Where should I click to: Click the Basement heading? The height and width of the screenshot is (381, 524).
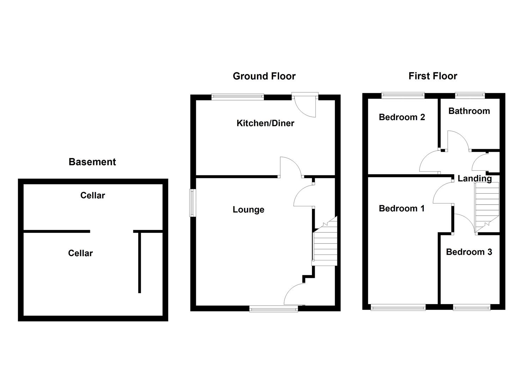[x=92, y=162]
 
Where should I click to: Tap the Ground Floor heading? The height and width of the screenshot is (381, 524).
[x=264, y=76]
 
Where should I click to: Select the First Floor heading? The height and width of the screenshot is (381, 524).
[x=433, y=76]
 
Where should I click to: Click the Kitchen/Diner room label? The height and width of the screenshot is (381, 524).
[x=265, y=123]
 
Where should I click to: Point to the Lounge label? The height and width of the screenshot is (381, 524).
[x=248, y=210]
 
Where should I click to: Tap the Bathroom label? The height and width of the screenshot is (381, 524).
[x=469, y=111]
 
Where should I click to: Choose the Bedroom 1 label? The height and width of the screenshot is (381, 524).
[x=402, y=208]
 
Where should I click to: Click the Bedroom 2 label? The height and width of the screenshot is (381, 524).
[x=402, y=117]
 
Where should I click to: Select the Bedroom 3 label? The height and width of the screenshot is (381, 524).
[x=469, y=252]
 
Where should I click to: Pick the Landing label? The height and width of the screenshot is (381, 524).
[x=474, y=179]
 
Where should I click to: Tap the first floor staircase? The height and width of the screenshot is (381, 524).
[x=487, y=206]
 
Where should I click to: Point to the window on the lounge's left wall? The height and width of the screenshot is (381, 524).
[x=193, y=202]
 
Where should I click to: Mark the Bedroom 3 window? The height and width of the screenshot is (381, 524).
[x=471, y=308]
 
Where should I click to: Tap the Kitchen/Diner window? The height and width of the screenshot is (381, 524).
[x=237, y=96]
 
